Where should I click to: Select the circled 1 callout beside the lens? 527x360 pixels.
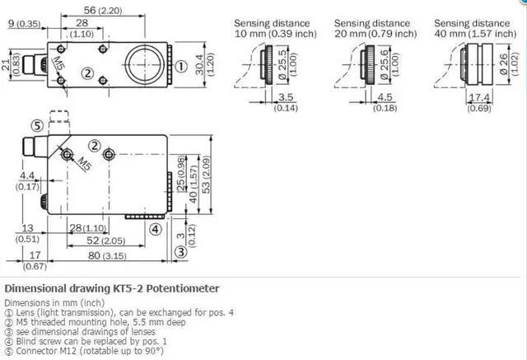point(180,65)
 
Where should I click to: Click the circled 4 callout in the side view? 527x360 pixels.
point(155,228)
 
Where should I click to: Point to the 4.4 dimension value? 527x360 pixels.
point(27,175)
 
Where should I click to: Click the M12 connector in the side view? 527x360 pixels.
point(33,148)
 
